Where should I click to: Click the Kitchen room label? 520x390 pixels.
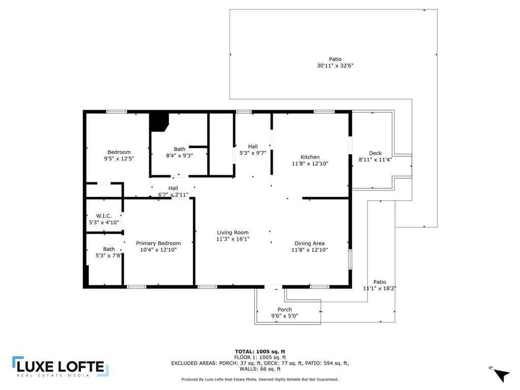click(310, 157)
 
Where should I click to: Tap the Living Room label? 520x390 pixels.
click(232, 233)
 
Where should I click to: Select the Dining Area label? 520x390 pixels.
click(309, 243)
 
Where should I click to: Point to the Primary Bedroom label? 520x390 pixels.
click(158, 243)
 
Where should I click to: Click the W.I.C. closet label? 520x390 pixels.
click(104, 216)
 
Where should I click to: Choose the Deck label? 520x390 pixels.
click(375, 153)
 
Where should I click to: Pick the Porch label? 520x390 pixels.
click(284, 310)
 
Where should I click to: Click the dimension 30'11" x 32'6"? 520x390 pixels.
click(335, 66)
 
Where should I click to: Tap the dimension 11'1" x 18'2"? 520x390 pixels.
click(379, 288)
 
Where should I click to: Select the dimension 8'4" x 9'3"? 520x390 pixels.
click(179, 156)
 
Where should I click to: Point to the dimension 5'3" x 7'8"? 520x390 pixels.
click(109, 256)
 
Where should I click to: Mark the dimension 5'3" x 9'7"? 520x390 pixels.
click(252, 153)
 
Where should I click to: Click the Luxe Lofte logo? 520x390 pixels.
click(60, 367)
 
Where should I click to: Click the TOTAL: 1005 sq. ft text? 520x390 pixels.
click(259, 351)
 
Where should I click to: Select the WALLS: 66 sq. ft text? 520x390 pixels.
click(259, 369)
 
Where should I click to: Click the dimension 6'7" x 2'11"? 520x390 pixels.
click(173, 194)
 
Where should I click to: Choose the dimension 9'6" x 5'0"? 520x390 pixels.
click(284, 316)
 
